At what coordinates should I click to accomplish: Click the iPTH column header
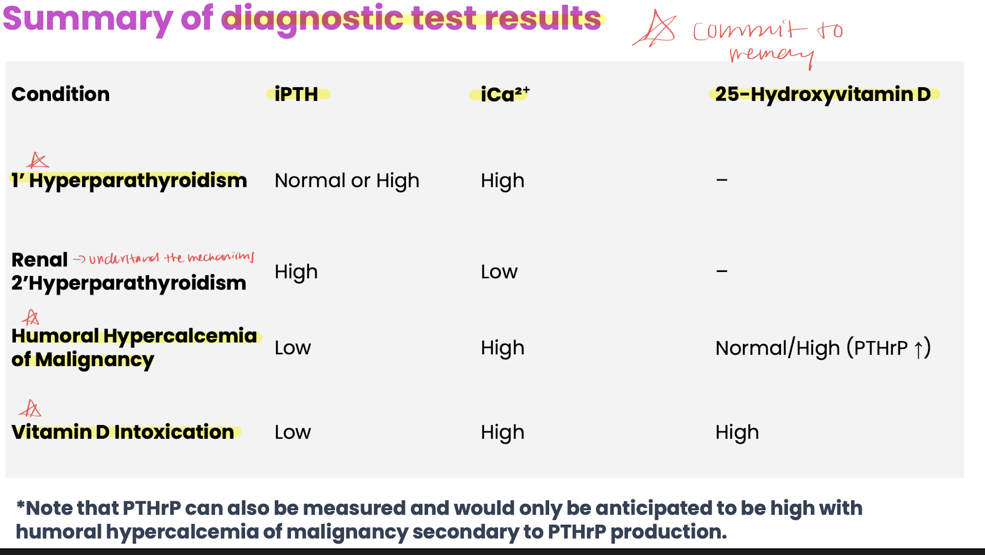pyautogui.click(x=296, y=94)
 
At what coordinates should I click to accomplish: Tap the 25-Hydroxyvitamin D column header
pyautogui.click(x=823, y=94)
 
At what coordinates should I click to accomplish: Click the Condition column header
pyautogui.click(x=60, y=94)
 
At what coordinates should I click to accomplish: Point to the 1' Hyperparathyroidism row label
pyautogui.click(x=129, y=180)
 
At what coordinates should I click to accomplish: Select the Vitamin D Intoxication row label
pyautogui.click(x=123, y=432)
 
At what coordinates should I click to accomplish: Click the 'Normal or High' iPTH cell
pyautogui.click(x=347, y=180)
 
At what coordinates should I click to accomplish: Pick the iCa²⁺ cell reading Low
pyautogui.click(x=499, y=271)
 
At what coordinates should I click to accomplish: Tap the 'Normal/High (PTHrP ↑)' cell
pyautogui.click(x=823, y=348)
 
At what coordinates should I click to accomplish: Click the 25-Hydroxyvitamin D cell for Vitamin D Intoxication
pyautogui.click(x=737, y=432)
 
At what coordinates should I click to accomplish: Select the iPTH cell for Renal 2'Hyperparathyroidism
pyautogui.click(x=296, y=271)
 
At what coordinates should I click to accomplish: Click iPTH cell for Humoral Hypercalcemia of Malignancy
pyautogui.click(x=293, y=348)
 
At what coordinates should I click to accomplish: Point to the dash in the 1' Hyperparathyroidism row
pyautogui.click(x=721, y=180)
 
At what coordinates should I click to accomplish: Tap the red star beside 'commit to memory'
pyautogui.click(x=655, y=29)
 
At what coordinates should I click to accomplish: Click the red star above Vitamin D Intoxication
pyautogui.click(x=30, y=409)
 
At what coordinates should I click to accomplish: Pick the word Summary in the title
pyautogui.click(x=88, y=19)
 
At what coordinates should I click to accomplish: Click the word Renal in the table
pyautogui.click(x=39, y=259)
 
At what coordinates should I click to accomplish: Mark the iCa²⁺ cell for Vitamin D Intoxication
pyautogui.click(x=502, y=432)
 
